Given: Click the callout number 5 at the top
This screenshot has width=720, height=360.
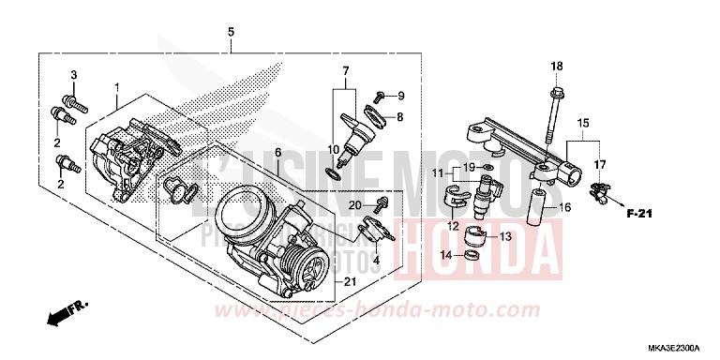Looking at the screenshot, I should point(231,33).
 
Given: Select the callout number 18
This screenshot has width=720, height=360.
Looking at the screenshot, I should point(556,66).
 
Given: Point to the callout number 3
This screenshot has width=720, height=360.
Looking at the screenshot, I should point(74,74).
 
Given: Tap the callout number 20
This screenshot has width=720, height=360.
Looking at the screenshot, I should point(354,204).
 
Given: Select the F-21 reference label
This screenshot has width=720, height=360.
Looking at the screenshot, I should point(639,215).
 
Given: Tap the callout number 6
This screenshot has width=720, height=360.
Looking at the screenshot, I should point(277,152).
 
